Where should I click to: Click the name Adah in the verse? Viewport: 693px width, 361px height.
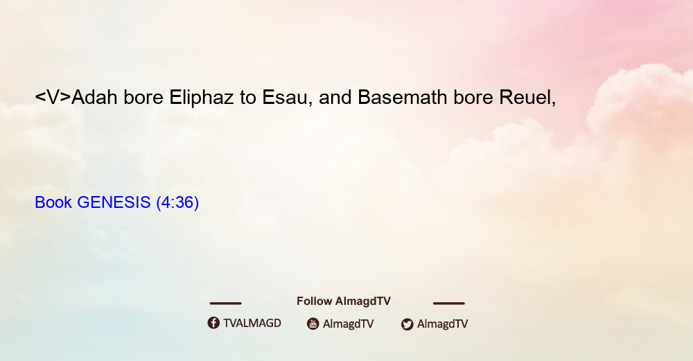tap(94, 97)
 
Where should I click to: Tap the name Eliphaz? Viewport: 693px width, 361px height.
tap(202, 98)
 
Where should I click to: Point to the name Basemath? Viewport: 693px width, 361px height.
tap(402, 97)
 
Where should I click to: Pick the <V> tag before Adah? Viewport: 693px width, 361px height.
tap(53, 98)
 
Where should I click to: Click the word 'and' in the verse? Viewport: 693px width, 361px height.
tap(335, 97)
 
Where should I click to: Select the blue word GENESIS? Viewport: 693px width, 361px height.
tap(114, 202)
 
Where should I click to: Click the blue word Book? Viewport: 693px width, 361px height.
tap(53, 202)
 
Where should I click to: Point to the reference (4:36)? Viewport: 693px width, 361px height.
tap(177, 202)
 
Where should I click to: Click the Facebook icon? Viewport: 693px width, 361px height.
tap(213, 323)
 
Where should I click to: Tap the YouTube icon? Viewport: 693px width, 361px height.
tap(313, 324)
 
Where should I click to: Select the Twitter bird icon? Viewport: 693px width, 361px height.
tap(407, 324)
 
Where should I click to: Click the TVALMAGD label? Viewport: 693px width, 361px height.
tap(252, 323)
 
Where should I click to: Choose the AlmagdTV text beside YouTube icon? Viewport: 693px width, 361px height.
tap(349, 324)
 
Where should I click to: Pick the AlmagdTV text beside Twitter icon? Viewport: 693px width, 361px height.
tap(442, 324)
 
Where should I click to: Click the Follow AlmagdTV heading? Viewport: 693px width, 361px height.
tap(344, 301)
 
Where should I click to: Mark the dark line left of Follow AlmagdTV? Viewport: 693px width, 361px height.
tap(225, 303)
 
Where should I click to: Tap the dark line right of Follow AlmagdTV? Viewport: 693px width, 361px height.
tap(449, 303)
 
